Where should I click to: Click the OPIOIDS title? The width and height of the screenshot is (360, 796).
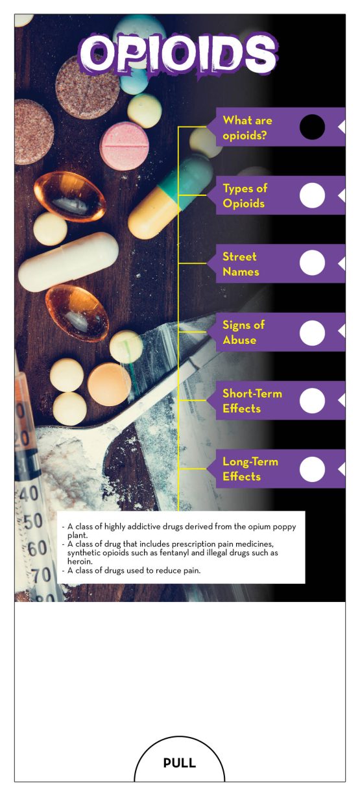click(x=178, y=54)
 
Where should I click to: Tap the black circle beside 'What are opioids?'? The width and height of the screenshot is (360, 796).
click(x=312, y=127)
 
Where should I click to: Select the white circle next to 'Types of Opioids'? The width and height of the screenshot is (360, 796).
click(x=312, y=195)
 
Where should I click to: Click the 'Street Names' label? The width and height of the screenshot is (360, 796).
click(x=241, y=264)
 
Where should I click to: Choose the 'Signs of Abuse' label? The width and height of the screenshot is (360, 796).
click(x=243, y=332)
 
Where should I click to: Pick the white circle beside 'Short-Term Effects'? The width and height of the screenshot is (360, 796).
click(x=312, y=400)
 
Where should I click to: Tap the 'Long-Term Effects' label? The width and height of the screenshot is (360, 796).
click(x=250, y=469)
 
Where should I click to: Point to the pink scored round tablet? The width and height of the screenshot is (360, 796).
click(x=124, y=146)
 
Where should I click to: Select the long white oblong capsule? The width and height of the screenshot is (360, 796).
click(x=68, y=262)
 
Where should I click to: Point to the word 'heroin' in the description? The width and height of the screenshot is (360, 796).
click(x=80, y=561)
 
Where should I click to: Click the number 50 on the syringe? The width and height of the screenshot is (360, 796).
click(x=33, y=521)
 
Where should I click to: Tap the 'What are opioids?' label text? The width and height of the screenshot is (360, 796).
click(x=247, y=128)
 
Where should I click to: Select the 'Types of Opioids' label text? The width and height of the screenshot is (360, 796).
click(x=245, y=196)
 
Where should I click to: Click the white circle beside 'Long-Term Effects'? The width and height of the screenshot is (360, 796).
click(x=312, y=469)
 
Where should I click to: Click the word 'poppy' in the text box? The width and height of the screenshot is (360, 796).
click(x=284, y=527)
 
